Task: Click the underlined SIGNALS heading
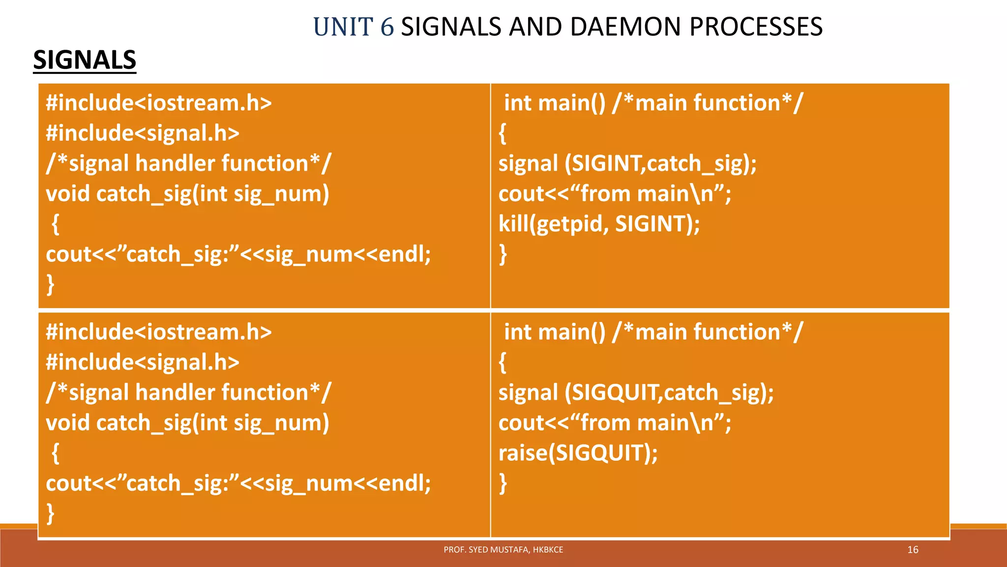pos(85,60)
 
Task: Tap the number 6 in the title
pos(387,27)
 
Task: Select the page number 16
pos(913,550)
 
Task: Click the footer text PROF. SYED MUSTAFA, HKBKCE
pos(503,550)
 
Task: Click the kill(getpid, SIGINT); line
pos(599,224)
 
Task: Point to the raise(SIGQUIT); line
pos(578,453)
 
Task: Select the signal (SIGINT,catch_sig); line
pos(627,163)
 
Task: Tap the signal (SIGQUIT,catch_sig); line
pos(636,393)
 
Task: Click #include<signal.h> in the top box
pos(143,133)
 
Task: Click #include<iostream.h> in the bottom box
pos(158,332)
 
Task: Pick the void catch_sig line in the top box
pos(187,194)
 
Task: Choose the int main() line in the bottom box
pos(653,332)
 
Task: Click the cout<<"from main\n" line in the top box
pos(615,194)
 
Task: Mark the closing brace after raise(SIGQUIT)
pos(503,483)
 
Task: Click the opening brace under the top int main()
pos(503,134)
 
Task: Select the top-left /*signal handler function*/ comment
pos(188,163)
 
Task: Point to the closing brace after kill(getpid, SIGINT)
pos(503,254)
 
